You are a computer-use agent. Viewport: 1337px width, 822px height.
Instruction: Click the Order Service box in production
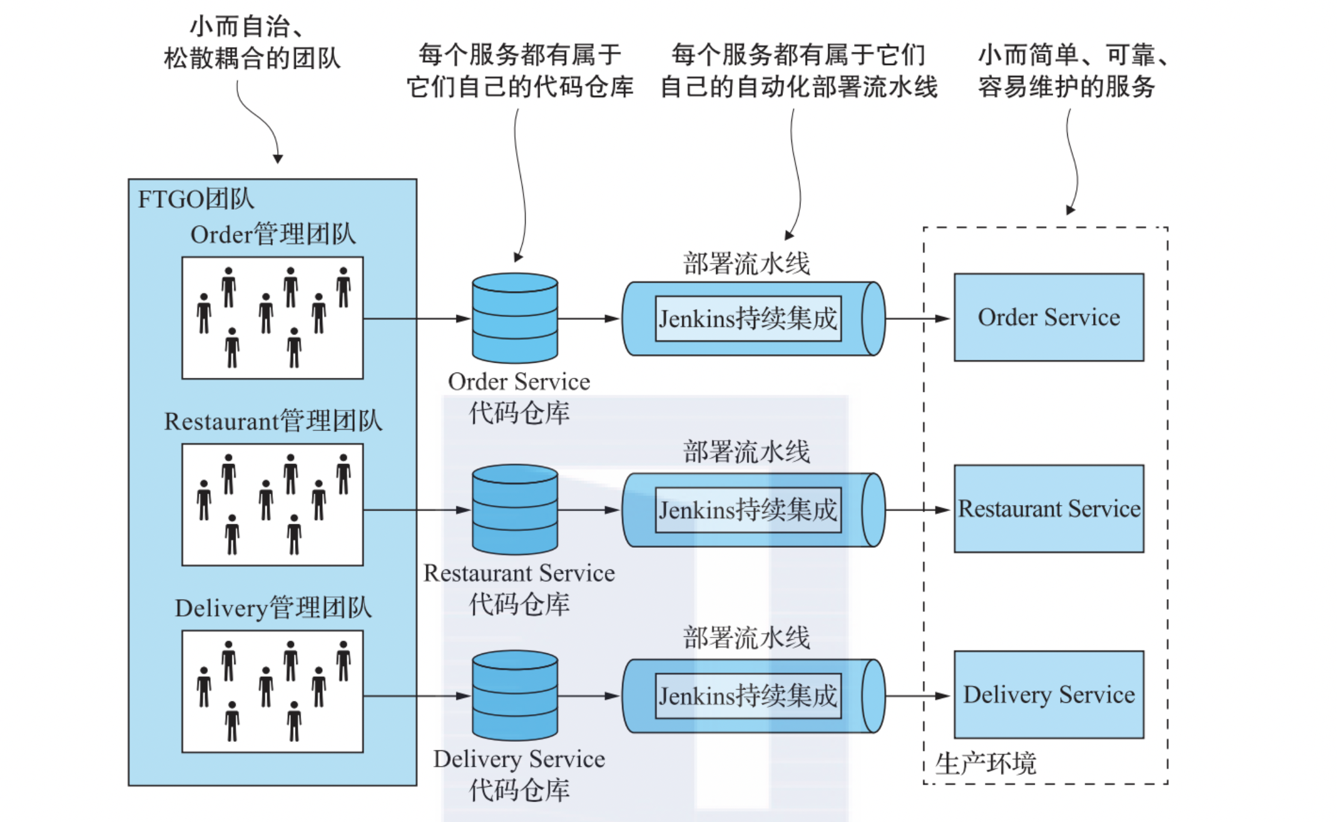[x=1049, y=318]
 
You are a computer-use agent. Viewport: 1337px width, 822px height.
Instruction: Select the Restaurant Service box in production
[x=1049, y=509]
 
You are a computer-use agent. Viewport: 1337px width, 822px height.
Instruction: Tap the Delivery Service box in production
[x=1049, y=694]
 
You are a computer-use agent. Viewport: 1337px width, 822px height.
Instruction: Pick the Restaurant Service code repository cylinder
[x=515, y=509]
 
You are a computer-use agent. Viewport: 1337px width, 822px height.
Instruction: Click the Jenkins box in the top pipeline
[x=748, y=318]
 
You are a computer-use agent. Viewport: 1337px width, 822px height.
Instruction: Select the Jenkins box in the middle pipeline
[x=748, y=510]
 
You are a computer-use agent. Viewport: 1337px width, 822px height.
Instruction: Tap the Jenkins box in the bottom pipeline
[x=748, y=696]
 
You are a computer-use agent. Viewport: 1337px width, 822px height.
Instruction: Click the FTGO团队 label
[x=196, y=199]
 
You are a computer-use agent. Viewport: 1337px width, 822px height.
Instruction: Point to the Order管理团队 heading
[x=273, y=234]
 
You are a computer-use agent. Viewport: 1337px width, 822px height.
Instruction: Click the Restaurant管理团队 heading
[x=273, y=421]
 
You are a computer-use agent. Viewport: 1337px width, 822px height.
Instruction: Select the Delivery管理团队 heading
[x=273, y=608]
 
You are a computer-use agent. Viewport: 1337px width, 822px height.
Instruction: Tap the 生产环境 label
[x=985, y=764]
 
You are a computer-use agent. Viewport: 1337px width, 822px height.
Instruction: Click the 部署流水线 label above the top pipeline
[x=746, y=264]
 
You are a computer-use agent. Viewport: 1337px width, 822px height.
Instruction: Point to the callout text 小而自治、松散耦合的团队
[x=252, y=43]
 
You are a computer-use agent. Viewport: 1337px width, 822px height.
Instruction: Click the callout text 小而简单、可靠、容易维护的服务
[x=1072, y=71]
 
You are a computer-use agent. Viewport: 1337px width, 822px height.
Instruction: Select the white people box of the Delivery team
[x=272, y=691]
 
